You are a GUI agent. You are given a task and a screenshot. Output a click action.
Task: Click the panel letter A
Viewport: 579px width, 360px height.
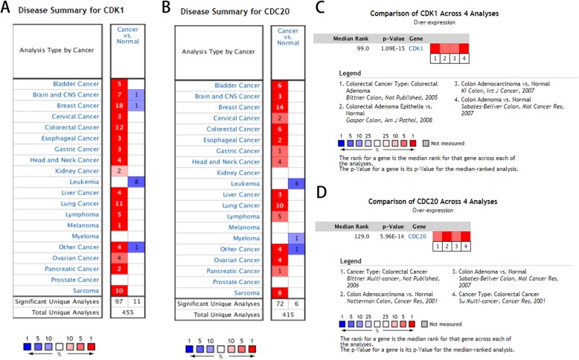tap(8, 10)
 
